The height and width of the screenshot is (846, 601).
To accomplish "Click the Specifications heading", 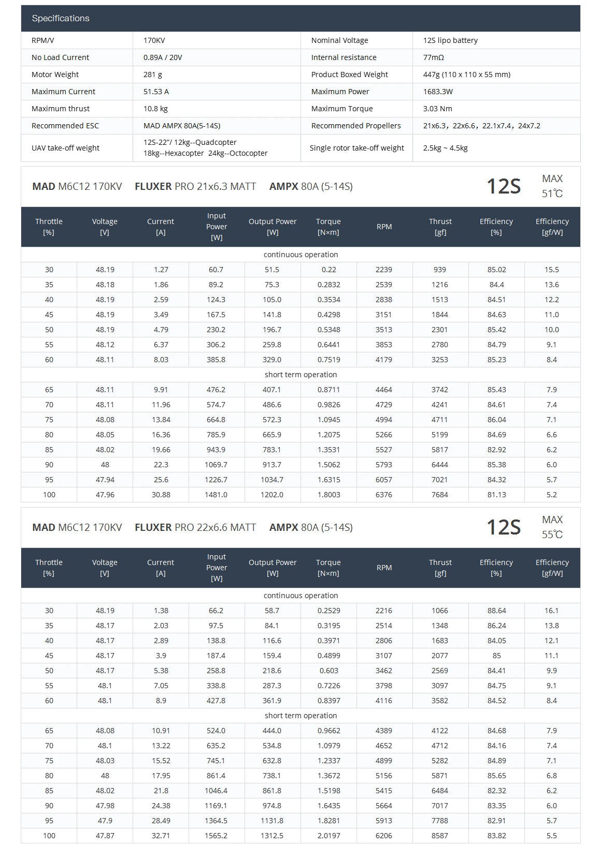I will (x=61, y=18).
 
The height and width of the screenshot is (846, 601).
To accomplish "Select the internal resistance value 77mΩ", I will (x=434, y=57).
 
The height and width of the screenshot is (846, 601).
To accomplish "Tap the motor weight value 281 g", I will (x=153, y=75).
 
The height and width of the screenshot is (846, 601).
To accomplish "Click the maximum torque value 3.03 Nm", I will (x=438, y=109).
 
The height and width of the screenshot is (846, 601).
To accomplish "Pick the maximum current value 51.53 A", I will (x=156, y=92).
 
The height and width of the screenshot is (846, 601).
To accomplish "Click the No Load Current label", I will (x=60, y=57).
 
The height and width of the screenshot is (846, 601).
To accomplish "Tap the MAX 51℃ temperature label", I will (x=552, y=186).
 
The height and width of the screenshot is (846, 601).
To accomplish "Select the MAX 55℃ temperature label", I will (x=552, y=527).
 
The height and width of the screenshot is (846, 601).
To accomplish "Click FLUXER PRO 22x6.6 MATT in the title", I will (x=195, y=527).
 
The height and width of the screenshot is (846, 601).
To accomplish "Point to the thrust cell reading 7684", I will (x=440, y=495).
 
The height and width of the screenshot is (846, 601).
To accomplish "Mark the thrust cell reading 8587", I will (x=440, y=836).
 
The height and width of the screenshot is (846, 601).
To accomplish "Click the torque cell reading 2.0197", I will (x=328, y=836).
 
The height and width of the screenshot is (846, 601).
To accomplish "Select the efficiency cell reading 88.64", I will (x=496, y=611).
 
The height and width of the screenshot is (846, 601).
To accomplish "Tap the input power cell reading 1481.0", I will (x=216, y=495).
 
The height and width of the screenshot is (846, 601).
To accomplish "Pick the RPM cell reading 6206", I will (x=384, y=836).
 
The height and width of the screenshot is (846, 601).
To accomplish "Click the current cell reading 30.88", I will (x=161, y=495).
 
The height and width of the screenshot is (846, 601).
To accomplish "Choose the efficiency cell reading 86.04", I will (x=496, y=420).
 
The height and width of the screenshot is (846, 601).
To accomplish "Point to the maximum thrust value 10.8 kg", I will (x=155, y=109).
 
